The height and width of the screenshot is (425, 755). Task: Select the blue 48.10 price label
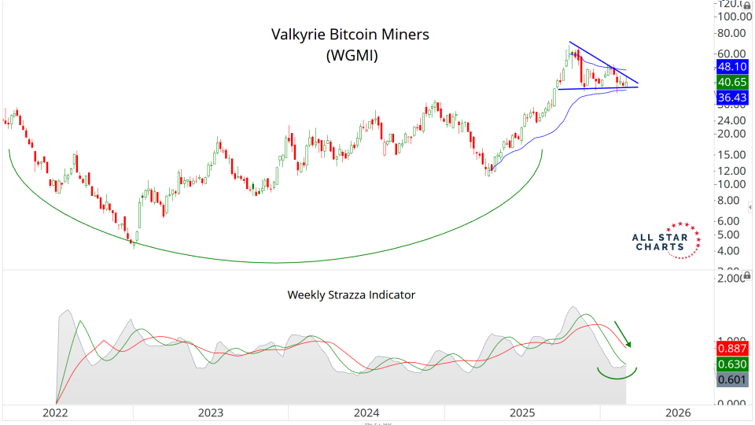click(732, 67)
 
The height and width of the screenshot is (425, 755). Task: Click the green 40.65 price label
click(732, 82)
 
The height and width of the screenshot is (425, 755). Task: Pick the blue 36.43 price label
click(732, 98)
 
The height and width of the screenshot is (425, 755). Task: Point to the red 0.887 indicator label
click(732, 349)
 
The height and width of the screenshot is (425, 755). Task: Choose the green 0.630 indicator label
click(732, 364)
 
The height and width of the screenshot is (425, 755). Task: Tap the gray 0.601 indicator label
click(732, 380)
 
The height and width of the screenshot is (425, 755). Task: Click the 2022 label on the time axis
click(54, 412)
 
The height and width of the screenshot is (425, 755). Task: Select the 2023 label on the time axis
click(210, 412)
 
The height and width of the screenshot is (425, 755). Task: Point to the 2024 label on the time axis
click(366, 412)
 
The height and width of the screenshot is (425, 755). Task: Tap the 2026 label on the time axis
click(678, 412)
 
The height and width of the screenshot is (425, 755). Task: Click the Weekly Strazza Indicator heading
click(351, 295)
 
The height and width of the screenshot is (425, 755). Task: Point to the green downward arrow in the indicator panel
click(622, 333)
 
